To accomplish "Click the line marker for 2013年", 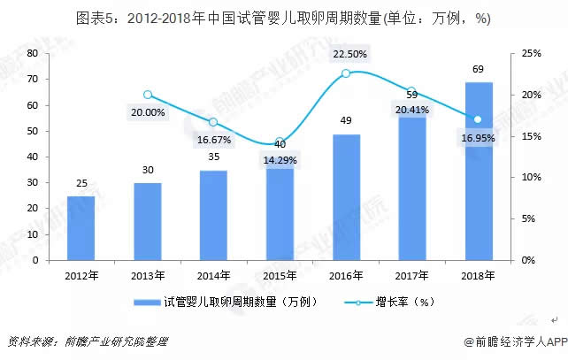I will point(148,95).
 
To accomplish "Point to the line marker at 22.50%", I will point(346,73).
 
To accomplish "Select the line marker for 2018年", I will point(478,119).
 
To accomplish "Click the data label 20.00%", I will point(148,113).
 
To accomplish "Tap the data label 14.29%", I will point(280,160).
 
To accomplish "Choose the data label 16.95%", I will point(478,138).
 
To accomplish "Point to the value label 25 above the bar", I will point(81,184).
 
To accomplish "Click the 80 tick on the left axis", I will point(32,53).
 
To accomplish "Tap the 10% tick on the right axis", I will point(530,177).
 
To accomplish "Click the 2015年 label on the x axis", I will point(280,274).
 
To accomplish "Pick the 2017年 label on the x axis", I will point(411,274).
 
